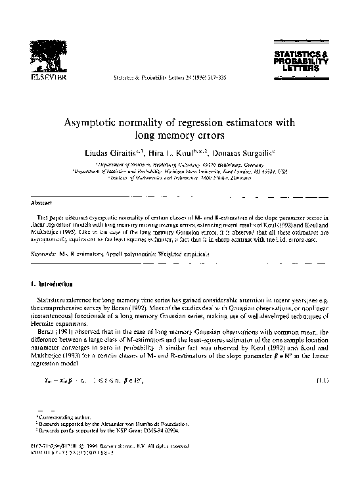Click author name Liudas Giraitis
pyautogui.click(x=122, y=151)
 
